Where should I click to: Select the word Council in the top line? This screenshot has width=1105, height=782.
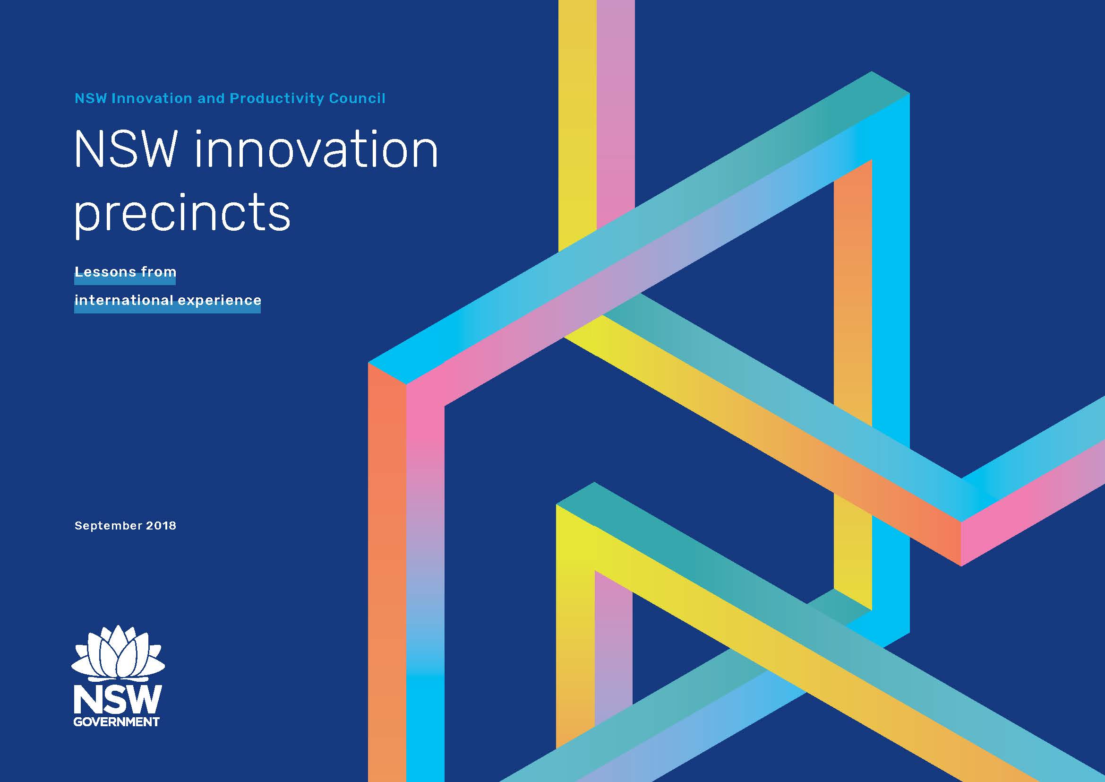pos(357,98)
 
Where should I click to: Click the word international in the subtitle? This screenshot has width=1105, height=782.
pos(124,300)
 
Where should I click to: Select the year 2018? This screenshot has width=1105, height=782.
pos(161,525)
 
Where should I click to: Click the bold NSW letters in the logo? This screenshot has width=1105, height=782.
pos(118,700)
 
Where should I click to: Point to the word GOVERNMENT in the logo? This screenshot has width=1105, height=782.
pos(117,722)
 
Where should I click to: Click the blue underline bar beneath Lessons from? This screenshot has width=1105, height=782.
pos(125,279)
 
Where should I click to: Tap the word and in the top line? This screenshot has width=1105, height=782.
pos(211,98)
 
